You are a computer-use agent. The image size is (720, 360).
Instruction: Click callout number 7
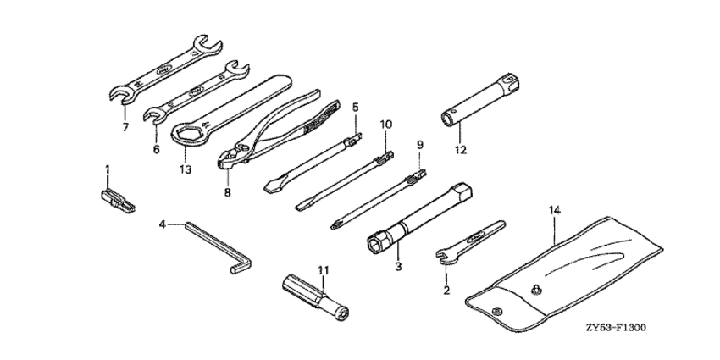pos(125,128)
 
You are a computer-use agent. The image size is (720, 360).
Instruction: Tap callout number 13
pos(186,169)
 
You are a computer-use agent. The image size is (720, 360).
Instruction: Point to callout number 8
pos(227,191)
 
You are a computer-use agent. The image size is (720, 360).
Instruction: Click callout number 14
pos(554,208)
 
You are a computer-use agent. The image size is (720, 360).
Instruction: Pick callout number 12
pos(460,151)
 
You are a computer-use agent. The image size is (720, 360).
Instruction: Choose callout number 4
pos(161,224)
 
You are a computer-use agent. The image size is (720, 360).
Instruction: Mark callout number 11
pos(323,269)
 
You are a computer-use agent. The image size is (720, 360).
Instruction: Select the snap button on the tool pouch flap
pos(535,291)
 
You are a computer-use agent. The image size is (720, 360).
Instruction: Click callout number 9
pos(418,145)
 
